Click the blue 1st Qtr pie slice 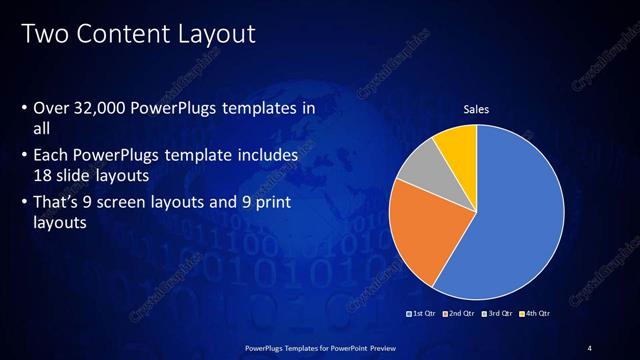point(510,230)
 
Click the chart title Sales point(475,109)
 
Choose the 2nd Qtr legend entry point(461,314)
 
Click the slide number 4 point(590,347)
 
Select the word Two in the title point(44,35)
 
